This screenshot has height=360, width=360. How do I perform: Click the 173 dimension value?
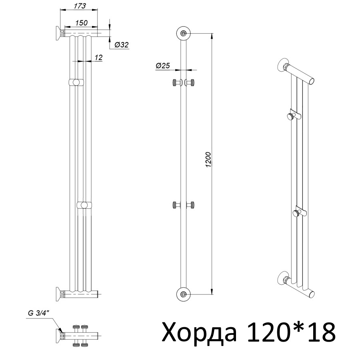point(74,6)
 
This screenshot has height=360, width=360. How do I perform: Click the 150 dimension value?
point(81,23)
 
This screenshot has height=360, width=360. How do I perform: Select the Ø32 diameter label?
point(121,45)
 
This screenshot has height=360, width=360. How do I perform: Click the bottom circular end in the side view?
point(183,294)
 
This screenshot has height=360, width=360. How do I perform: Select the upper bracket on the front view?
point(76,82)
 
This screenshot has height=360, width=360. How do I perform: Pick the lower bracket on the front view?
point(84,205)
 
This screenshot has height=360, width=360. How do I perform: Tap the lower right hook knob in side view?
point(192,205)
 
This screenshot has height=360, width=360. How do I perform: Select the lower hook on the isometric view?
point(298,212)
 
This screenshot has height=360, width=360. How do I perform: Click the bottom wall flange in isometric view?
point(283,278)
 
